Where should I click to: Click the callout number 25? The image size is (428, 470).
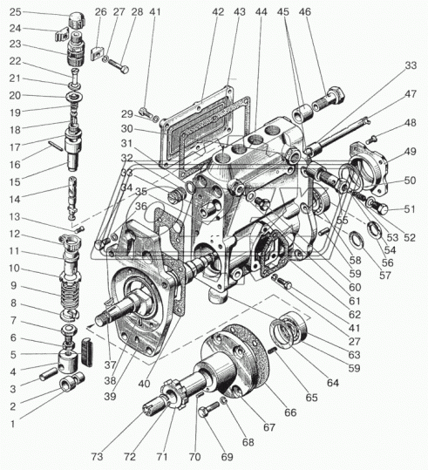pos(16,12)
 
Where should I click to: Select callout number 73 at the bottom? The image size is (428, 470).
pos(97,457)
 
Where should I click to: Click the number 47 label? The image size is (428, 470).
pos(411,94)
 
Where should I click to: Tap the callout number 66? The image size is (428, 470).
pos(290,412)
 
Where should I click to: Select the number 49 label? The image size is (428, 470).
pos(411,152)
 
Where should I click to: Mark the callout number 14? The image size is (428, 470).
pos(15,200)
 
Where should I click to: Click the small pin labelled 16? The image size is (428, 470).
pos(56,146)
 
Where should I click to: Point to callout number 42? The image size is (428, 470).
pos(218,11)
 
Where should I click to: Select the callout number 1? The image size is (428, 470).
pos(12,424)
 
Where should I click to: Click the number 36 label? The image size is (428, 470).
pos(141,207)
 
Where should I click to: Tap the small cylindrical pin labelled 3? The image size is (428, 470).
pos(48,374)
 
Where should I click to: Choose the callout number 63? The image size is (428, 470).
pos(354,355)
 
